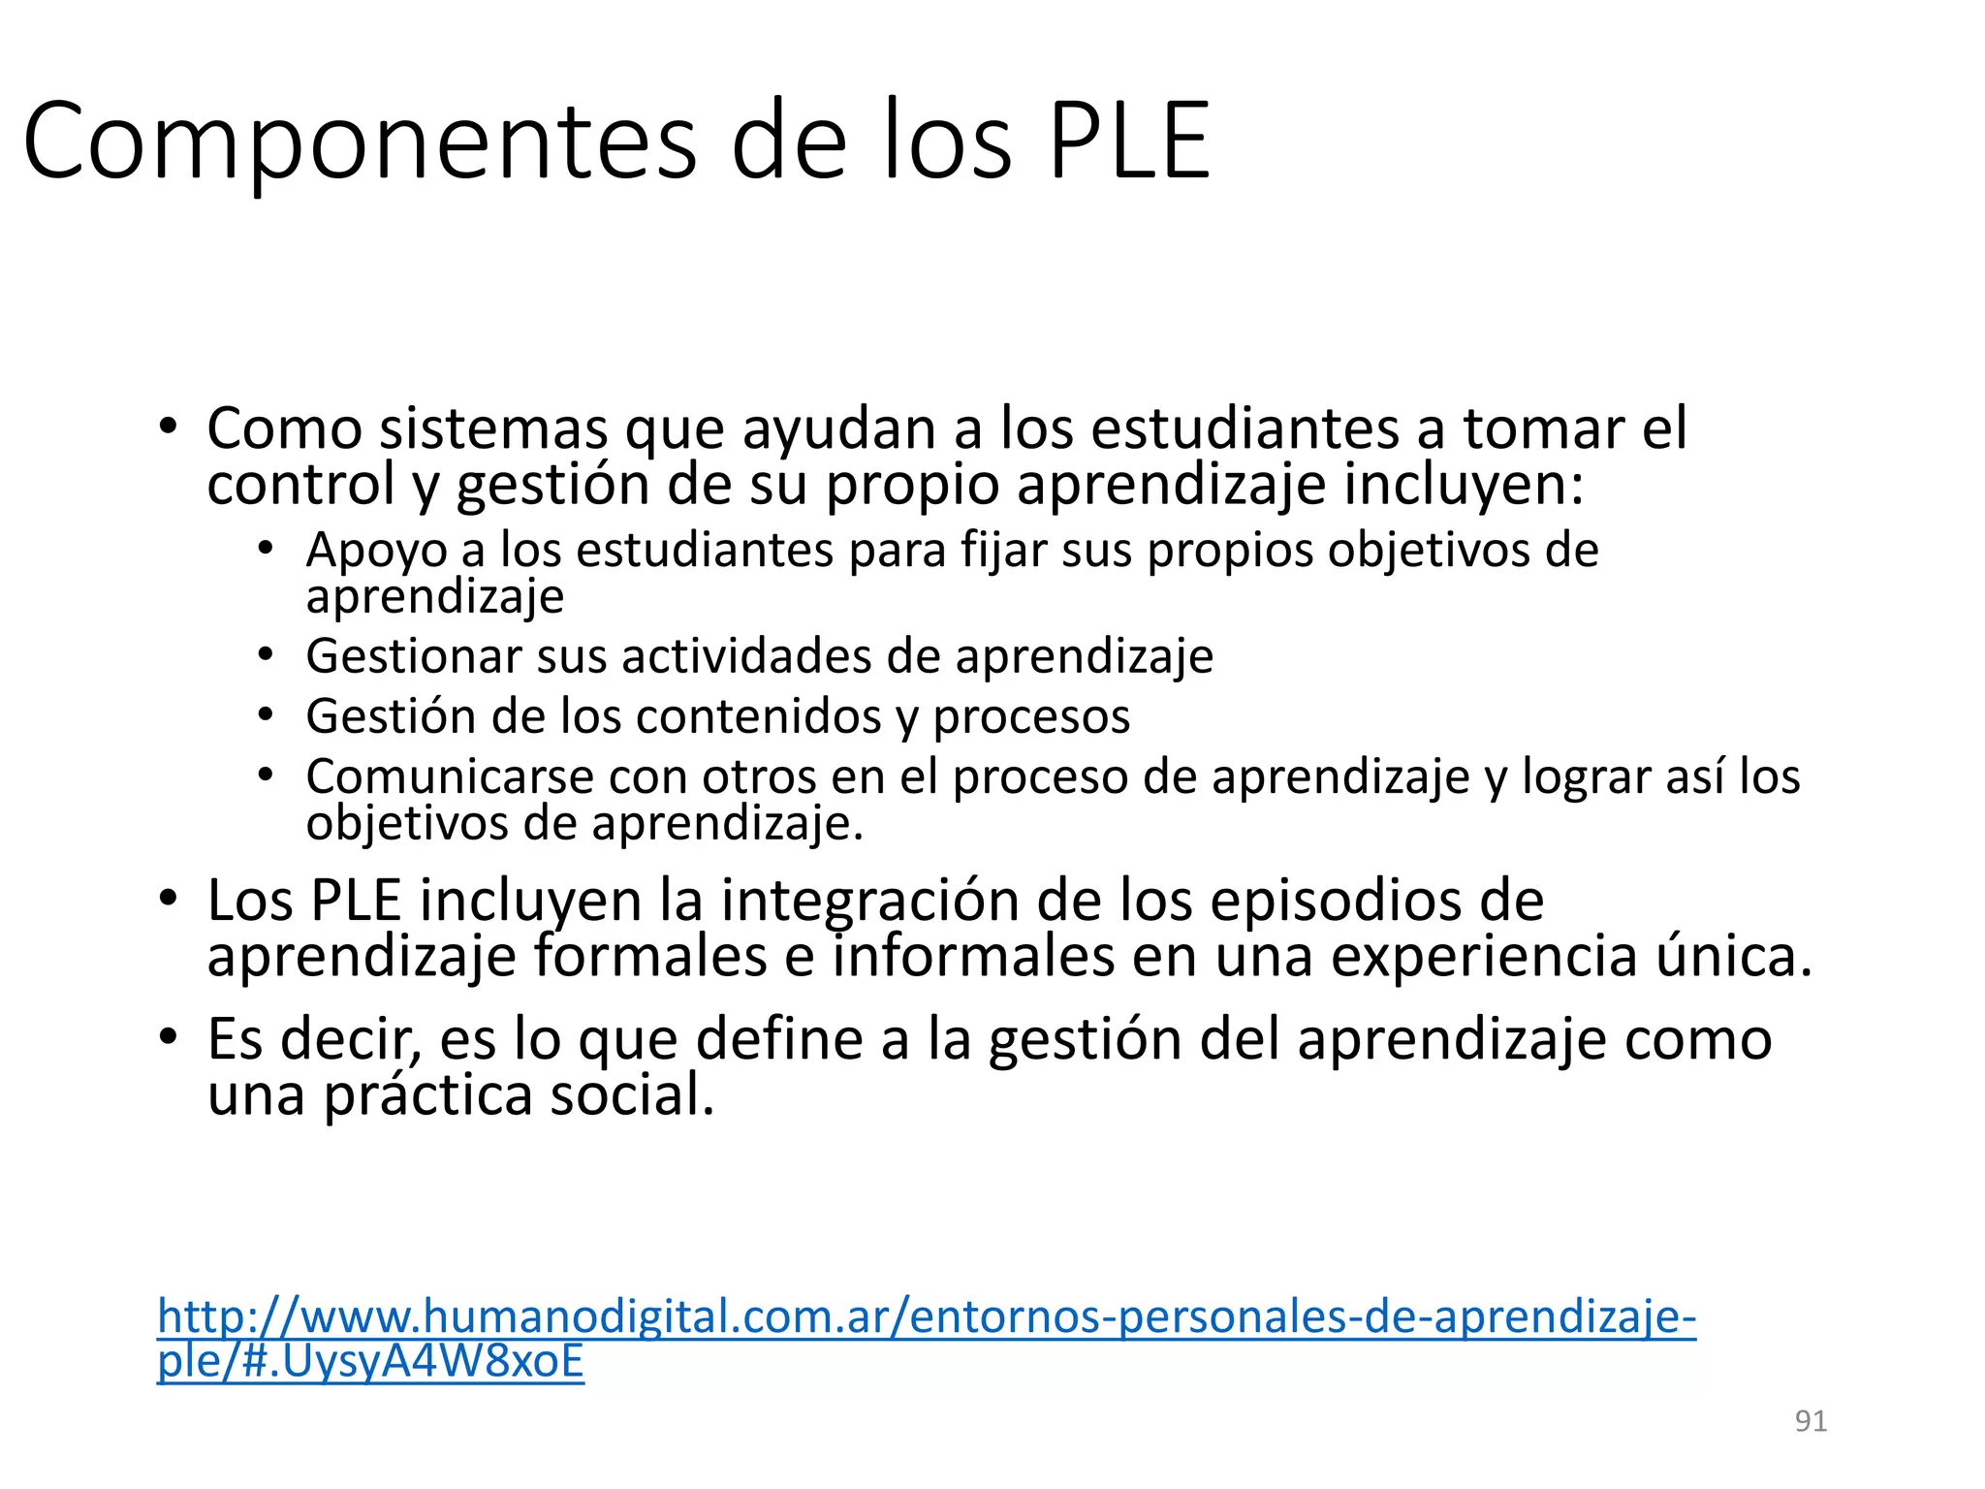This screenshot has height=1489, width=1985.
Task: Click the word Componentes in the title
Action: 359,142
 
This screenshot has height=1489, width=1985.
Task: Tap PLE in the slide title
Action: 1129,142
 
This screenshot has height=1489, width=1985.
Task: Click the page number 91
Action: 1811,1420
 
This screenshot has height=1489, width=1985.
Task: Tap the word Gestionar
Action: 414,656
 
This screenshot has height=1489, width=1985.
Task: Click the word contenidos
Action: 758,716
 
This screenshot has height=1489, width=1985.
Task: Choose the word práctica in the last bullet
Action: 427,1095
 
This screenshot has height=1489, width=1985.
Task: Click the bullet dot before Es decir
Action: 169,1038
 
